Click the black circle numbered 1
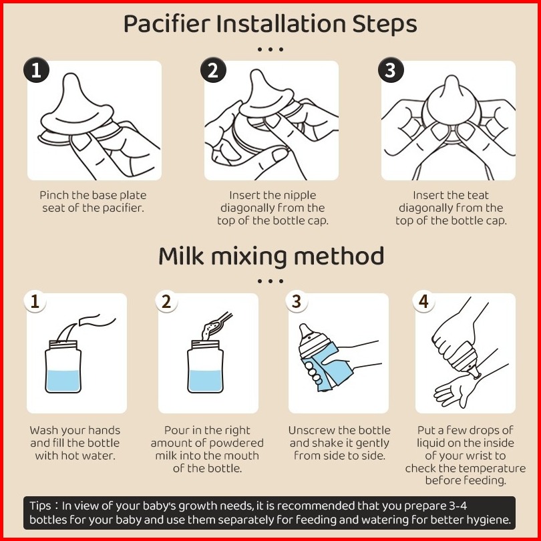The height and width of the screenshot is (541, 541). pyautogui.click(x=36, y=70)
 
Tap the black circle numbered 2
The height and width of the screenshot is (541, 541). pyautogui.click(x=213, y=70)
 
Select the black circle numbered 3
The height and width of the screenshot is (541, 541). pyautogui.click(x=391, y=70)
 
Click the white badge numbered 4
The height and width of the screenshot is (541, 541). pyautogui.click(x=423, y=301)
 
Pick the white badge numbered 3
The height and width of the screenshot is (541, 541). pyautogui.click(x=297, y=301)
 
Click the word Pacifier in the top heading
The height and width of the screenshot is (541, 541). pyautogui.click(x=167, y=23)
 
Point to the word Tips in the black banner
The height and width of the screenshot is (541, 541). pyautogui.click(x=40, y=506)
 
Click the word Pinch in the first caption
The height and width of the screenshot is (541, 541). pyautogui.click(x=54, y=195)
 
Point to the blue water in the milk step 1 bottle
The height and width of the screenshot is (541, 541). pyautogui.click(x=63, y=381)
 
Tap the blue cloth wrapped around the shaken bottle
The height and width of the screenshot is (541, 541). pyautogui.click(x=327, y=366)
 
